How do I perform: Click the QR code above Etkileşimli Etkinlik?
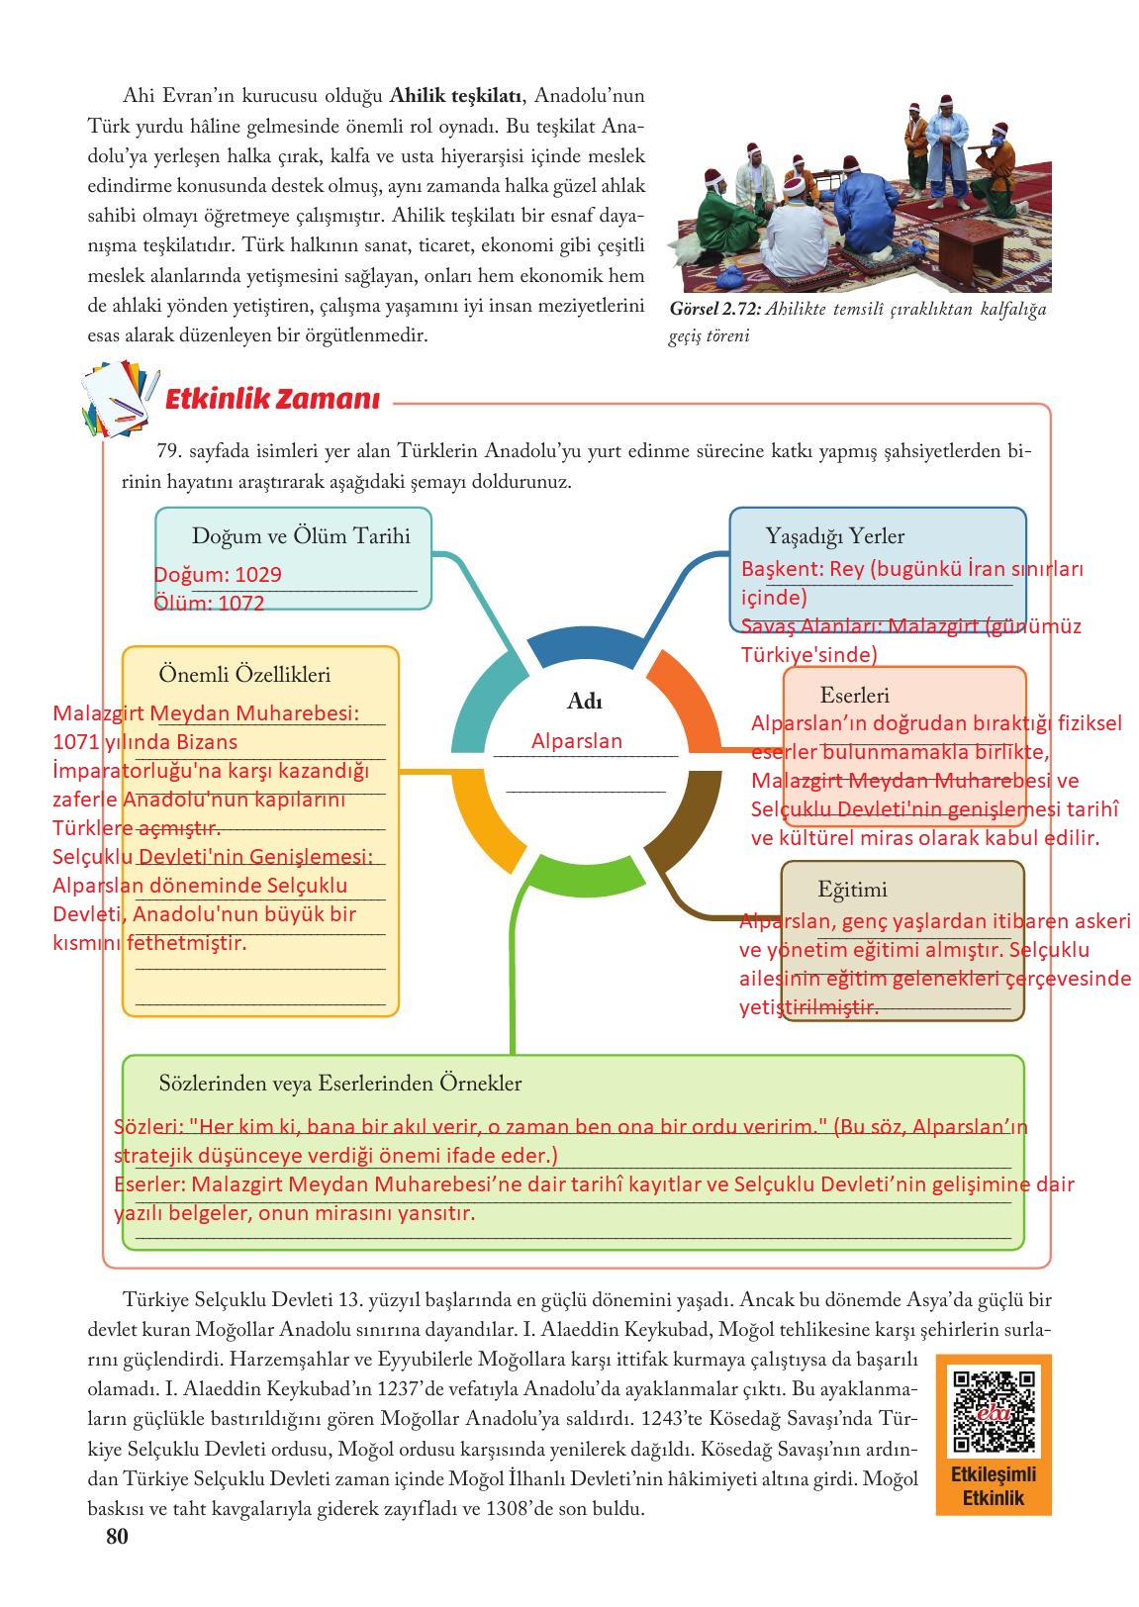pyautogui.click(x=993, y=1409)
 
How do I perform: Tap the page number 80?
pyautogui.click(x=117, y=1536)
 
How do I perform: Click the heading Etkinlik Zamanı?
pyautogui.click(x=271, y=400)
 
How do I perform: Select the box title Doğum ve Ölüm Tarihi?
pyautogui.click(x=301, y=536)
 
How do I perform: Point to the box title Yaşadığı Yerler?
pyautogui.click(x=834, y=536)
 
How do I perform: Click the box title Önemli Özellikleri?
pyautogui.click(x=244, y=675)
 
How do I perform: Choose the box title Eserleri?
pyautogui.click(x=854, y=696)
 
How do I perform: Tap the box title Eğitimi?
pyautogui.click(x=852, y=889)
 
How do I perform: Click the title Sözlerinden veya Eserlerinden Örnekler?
pyautogui.click(x=339, y=1083)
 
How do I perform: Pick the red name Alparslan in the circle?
pyautogui.click(x=577, y=741)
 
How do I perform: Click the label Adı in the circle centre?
pyautogui.click(x=585, y=702)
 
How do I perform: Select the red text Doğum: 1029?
pyautogui.click(x=218, y=575)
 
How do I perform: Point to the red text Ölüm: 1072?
pyautogui.click(x=209, y=604)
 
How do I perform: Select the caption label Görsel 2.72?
pyautogui.click(x=714, y=310)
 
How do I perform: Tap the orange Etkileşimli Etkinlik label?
pyautogui.click(x=993, y=1485)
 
